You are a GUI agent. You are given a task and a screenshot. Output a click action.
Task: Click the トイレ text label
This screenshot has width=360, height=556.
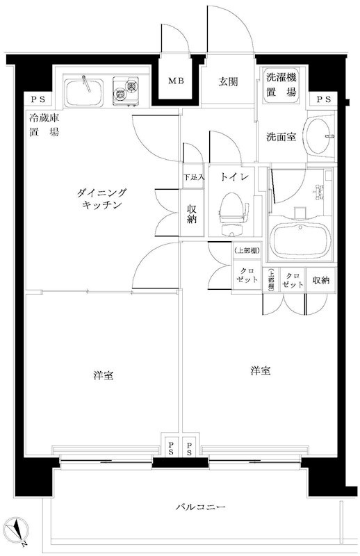click(230, 177)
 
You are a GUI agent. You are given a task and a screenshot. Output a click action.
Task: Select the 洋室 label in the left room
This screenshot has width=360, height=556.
click(104, 376)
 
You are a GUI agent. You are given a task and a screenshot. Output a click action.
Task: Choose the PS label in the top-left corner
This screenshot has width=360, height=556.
click(34, 100)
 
